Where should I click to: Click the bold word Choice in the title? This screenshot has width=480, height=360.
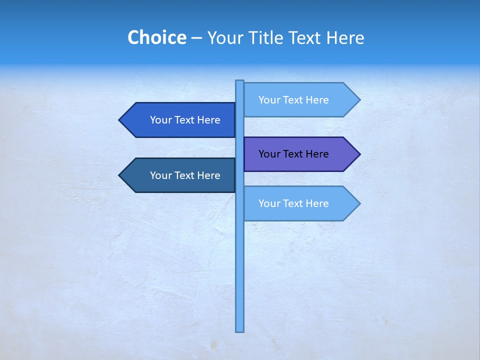pyautogui.click(x=156, y=37)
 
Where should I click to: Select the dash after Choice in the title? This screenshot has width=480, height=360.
pyautogui.click(x=196, y=38)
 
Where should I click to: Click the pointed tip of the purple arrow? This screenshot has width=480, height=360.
pyautogui.click(x=359, y=154)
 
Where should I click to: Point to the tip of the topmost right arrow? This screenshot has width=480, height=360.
pyautogui.click(x=359, y=100)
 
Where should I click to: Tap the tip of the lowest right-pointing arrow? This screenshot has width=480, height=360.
pyautogui.click(x=359, y=203)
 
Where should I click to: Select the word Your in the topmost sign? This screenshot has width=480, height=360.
pyautogui.click(x=269, y=100)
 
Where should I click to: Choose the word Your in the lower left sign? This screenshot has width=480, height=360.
pyautogui.click(x=161, y=175)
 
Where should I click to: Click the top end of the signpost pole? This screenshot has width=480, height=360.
pyautogui.click(x=240, y=81)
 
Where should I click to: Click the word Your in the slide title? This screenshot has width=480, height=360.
pyautogui.click(x=223, y=37)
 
